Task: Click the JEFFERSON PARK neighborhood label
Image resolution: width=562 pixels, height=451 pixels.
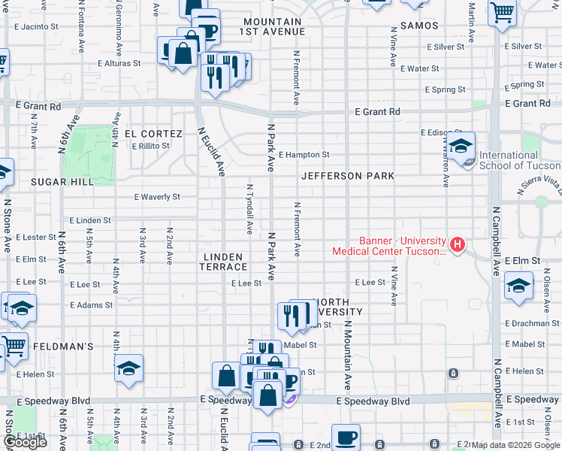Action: click(348, 176)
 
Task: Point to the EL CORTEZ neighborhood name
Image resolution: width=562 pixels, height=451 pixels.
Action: click(153, 134)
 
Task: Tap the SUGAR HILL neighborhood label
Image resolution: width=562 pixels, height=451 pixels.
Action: click(62, 182)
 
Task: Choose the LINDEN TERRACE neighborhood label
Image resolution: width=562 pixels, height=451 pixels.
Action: click(223, 262)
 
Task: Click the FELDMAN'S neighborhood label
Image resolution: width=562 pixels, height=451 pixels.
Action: click(63, 347)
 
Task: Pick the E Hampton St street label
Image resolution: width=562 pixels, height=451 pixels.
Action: click(304, 155)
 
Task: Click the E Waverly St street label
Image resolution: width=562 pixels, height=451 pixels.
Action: click(157, 197)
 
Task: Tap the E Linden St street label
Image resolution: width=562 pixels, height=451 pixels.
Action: click(90, 221)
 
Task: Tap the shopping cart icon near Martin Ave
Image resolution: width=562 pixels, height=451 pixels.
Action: click(501, 12)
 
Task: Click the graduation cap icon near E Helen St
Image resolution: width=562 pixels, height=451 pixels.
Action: click(129, 368)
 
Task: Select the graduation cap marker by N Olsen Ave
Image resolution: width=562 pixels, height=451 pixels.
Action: click(518, 286)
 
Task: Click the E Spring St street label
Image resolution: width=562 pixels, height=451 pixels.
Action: click(445, 90)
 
